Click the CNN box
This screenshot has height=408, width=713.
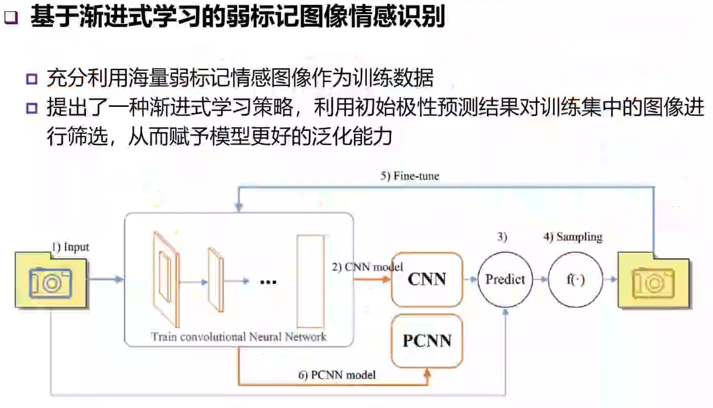point(426,280)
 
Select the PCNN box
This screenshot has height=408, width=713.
point(427,340)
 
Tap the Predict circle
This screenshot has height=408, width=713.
point(505,280)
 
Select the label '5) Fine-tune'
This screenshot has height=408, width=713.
point(409,176)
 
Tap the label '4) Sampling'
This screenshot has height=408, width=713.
point(572,237)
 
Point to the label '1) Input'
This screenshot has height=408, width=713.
point(70,247)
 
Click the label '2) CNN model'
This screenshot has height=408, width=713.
point(368,267)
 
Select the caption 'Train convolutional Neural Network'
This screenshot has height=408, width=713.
point(238,336)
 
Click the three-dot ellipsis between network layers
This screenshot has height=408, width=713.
point(269,281)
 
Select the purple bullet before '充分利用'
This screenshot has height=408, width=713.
point(32,79)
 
